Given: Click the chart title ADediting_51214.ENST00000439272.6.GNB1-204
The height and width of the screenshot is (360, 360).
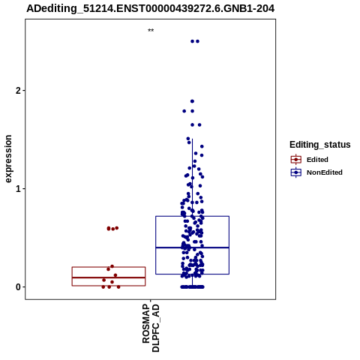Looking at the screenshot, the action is [151, 8].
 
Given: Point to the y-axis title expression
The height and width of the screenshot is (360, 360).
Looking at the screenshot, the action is [8, 159].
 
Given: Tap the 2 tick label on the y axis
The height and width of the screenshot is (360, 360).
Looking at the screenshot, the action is [18, 91].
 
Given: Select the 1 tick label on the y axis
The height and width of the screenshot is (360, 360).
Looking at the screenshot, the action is [18, 189].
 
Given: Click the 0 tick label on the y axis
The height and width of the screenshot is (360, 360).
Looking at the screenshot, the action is [18, 287].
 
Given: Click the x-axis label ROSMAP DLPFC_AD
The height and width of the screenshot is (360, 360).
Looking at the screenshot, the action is [151, 328].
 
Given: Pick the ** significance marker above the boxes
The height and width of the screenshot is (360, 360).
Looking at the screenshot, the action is [151, 30].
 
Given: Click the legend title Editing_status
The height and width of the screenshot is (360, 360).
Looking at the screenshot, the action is [320, 145].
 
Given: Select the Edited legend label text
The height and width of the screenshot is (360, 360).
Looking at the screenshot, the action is [317, 160].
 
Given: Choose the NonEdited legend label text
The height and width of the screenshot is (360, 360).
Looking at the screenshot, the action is [325, 172].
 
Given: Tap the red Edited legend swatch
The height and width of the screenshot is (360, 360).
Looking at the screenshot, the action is [296, 160].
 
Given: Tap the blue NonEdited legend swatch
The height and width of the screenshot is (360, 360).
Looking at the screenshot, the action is [296, 172].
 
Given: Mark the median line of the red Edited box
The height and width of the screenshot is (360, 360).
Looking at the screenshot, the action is [109, 277].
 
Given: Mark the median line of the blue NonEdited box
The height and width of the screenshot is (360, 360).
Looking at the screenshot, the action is [192, 247].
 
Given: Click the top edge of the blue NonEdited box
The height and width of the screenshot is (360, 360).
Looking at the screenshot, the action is [192, 216].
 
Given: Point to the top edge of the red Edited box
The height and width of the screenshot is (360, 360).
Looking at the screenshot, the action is [109, 267].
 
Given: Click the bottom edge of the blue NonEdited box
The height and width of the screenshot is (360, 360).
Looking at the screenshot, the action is [192, 274].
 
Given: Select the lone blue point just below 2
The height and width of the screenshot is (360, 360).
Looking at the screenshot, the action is [192, 101].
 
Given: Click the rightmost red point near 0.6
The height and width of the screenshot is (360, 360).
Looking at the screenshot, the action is [116, 228].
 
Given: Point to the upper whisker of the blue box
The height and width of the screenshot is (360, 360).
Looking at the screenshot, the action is [192, 178].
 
